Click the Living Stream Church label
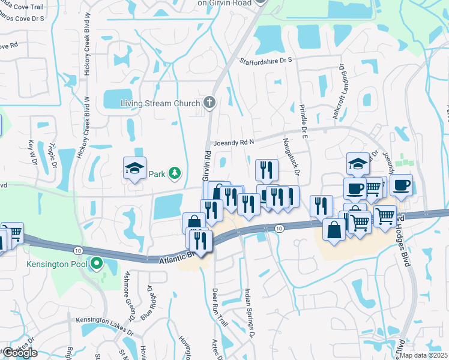pyautogui.click(x=160, y=103)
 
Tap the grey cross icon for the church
pyautogui.click(x=209, y=103)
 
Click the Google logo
pyautogui.click(x=20, y=353)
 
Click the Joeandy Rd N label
pyautogui.click(x=235, y=143)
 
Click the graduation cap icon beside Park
pyautogui.click(x=134, y=169)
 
